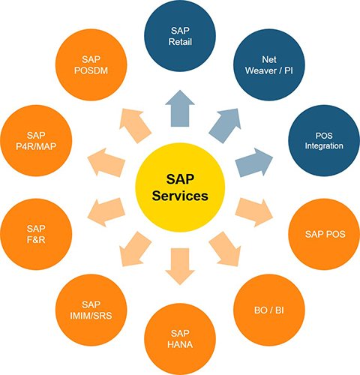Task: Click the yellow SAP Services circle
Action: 180,187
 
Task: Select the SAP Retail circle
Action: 180,36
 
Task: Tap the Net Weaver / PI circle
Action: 269,64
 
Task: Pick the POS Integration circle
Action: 324,140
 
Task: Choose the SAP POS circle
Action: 324,234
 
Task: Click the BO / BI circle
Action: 269,310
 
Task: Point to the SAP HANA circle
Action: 180,339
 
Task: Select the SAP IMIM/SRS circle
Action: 91,310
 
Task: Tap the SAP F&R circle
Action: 36,234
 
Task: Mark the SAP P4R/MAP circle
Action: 36,140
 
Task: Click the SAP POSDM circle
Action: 91,64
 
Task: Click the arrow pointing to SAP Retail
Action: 180,109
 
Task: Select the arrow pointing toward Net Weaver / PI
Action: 225,125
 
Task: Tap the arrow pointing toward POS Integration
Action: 254,163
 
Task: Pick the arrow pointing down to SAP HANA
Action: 180,266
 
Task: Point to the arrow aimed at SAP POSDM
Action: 135,125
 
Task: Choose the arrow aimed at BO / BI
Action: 225,249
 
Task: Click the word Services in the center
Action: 180,196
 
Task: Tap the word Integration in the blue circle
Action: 324,146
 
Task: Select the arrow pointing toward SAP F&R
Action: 106,212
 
